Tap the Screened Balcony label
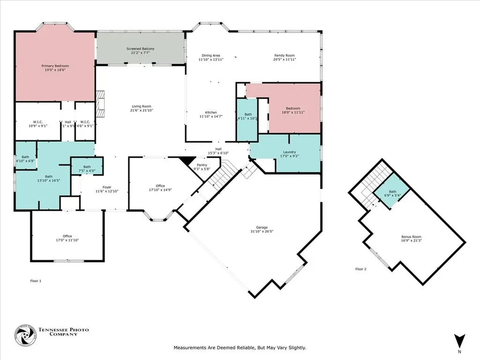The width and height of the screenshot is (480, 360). (x=140, y=49)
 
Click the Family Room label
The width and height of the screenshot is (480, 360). (x=285, y=55)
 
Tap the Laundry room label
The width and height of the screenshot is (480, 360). (x=288, y=151)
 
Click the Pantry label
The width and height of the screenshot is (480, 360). (x=202, y=165)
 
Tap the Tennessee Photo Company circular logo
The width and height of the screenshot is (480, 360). (x=24, y=336)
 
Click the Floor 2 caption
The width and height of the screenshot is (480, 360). (x=361, y=269)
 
